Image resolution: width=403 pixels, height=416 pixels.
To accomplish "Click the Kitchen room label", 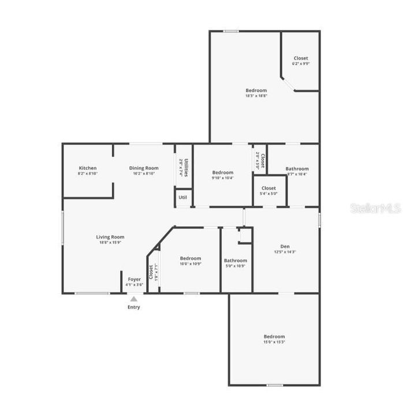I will (88, 168).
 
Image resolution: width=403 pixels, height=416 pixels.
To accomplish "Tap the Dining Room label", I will (143, 168).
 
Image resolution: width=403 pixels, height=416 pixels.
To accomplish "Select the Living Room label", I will (110, 237).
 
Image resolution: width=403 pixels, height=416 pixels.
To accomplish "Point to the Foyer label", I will (134, 280).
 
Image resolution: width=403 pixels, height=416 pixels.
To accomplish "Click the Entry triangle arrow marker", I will (133, 299).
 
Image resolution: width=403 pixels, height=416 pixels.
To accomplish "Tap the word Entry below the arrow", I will (133, 307).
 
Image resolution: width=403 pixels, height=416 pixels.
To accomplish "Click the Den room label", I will (285, 246).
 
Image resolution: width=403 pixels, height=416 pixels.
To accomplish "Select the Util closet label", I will (182, 198).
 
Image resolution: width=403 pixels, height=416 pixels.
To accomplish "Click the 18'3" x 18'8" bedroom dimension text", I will (256, 96).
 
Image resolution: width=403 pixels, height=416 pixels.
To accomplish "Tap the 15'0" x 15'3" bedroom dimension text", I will (274, 342).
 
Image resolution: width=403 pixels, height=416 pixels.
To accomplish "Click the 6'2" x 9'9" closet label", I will (301, 64).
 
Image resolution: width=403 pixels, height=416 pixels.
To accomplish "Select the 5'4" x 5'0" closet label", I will (268, 194).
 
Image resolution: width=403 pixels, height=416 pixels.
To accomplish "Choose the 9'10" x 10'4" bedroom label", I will (222, 178).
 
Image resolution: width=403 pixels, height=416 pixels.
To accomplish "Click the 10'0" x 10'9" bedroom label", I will (190, 263).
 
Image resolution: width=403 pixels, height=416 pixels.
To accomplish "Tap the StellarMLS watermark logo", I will (375, 209).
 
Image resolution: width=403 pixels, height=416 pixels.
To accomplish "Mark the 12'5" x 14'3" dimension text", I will (285, 252).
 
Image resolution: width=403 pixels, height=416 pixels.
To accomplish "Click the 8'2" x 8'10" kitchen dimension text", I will (88, 173).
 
